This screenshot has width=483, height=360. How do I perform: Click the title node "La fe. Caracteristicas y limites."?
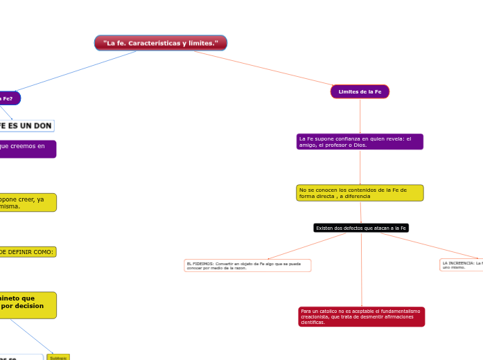[x=161, y=43]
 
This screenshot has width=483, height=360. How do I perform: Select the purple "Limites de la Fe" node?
[x=360, y=91]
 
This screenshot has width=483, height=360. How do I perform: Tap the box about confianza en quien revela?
[x=360, y=141]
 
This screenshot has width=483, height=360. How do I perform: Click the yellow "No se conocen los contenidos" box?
[x=360, y=192]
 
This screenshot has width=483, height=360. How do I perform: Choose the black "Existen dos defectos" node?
[x=361, y=228]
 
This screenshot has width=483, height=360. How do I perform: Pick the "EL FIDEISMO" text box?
[x=247, y=265]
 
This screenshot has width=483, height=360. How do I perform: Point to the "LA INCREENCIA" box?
[x=462, y=264]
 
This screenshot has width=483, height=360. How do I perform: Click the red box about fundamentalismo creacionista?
[x=361, y=316]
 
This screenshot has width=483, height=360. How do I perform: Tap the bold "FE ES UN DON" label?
[x=26, y=125]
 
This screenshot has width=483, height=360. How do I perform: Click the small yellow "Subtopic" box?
[x=58, y=357]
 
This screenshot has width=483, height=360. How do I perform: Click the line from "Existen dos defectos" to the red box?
[x=361, y=270]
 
